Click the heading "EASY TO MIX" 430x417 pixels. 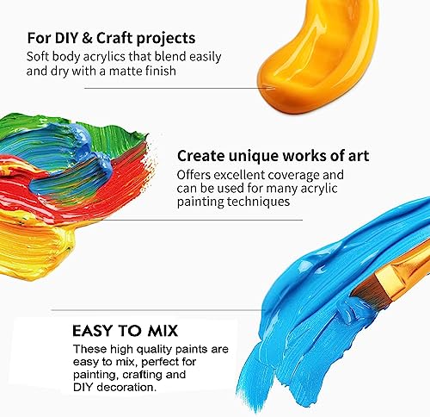click(x=133, y=330)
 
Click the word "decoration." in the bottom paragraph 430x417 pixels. click(x=130, y=389)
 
